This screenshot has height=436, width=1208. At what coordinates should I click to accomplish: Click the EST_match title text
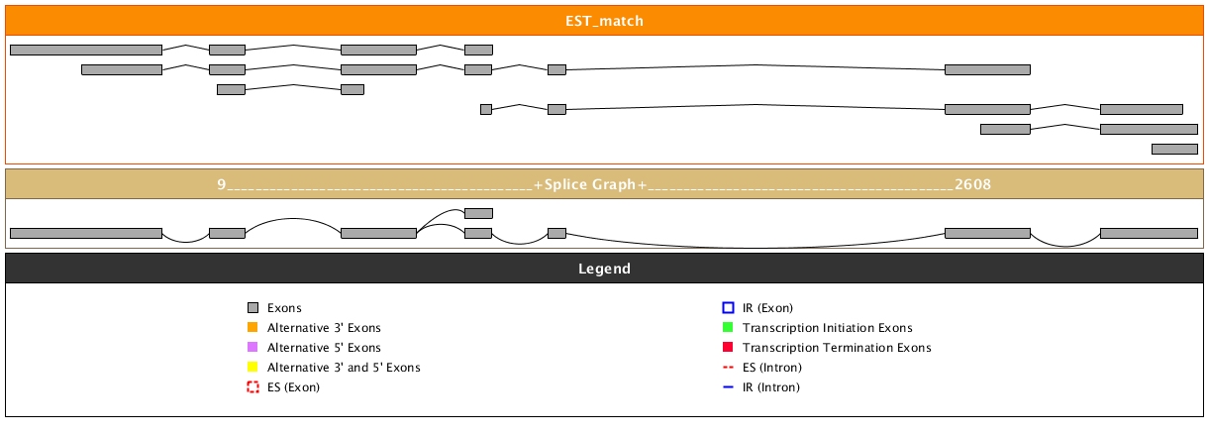click(x=604, y=20)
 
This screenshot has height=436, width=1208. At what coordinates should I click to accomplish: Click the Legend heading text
click(x=604, y=269)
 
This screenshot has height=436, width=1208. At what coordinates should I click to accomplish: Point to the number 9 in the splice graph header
click(x=222, y=184)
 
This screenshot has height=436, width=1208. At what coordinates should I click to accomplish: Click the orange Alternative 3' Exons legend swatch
click(x=252, y=328)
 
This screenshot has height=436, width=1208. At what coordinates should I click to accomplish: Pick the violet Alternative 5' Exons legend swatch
click(x=252, y=348)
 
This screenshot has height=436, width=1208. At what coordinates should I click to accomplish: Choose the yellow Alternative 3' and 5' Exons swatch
click(x=252, y=368)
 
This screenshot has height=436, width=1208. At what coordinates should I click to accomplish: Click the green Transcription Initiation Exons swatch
click(x=728, y=328)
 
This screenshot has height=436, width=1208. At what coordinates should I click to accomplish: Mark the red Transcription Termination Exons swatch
click(x=728, y=348)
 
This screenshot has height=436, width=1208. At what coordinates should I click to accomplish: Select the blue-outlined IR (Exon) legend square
click(x=728, y=308)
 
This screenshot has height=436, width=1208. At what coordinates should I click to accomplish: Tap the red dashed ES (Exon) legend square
click(x=252, y=387)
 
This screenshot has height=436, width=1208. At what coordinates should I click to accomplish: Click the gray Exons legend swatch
click(x=252, y=308)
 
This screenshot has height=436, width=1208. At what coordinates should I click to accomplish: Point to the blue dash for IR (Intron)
click(x=728, y=387)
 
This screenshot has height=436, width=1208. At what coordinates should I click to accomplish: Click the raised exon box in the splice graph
click(x=478, y=213)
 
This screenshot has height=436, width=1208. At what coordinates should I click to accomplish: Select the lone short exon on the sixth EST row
click(x=1174, y=149)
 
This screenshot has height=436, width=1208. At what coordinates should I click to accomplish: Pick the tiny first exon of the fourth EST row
click(x=486, y=109)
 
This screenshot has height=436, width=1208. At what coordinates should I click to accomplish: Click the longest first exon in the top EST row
click(x=85, y=50)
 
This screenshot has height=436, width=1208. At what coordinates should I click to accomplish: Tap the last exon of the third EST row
click(x=352, y=89)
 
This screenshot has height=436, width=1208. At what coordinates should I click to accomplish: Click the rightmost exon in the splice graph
click(x=1149, y=233)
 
